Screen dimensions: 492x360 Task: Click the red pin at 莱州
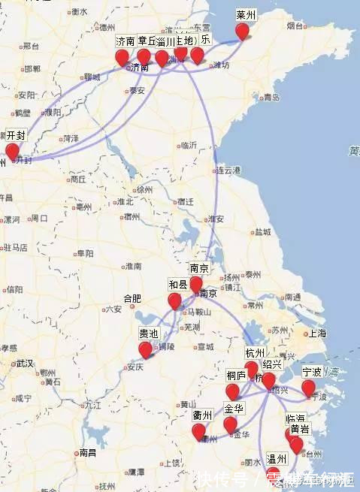click(x=242, y=31)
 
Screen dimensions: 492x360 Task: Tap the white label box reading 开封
click(x=16, y=136)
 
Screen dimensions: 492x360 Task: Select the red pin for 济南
click(x=122, y=58)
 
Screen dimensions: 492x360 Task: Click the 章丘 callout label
click(x=147, y=41)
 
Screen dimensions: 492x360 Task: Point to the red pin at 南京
click(x=196, y=284)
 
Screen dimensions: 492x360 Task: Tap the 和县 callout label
click(x=178, y=285)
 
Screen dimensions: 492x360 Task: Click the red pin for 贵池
click(x=146, y=349)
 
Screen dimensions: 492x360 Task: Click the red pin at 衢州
click(x=198, y=431)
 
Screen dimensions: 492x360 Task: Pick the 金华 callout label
click(x=234, y=409)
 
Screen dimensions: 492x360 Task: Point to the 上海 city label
click(x=316, y=333)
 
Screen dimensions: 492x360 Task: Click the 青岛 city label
click(x=271, y=98)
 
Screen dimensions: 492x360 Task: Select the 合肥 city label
click(x=132, y=298)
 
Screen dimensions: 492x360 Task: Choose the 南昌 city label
click(x=87, y=453)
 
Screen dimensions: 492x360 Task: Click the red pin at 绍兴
click(x=268, y=380)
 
